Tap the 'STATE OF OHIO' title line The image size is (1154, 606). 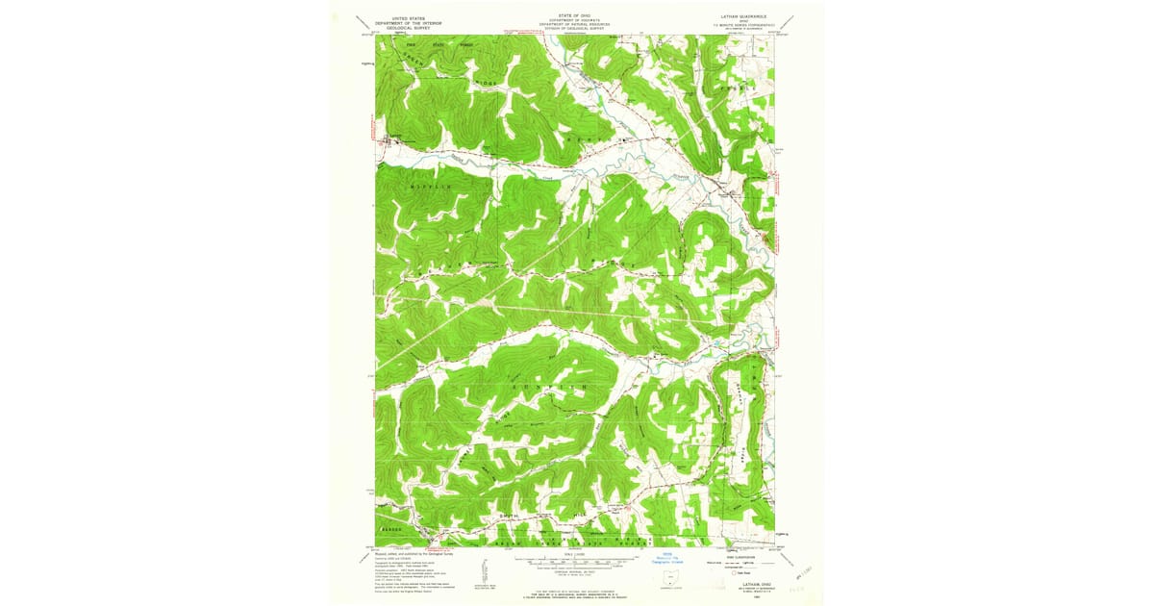pyautogui.click(x=576, y=15)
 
